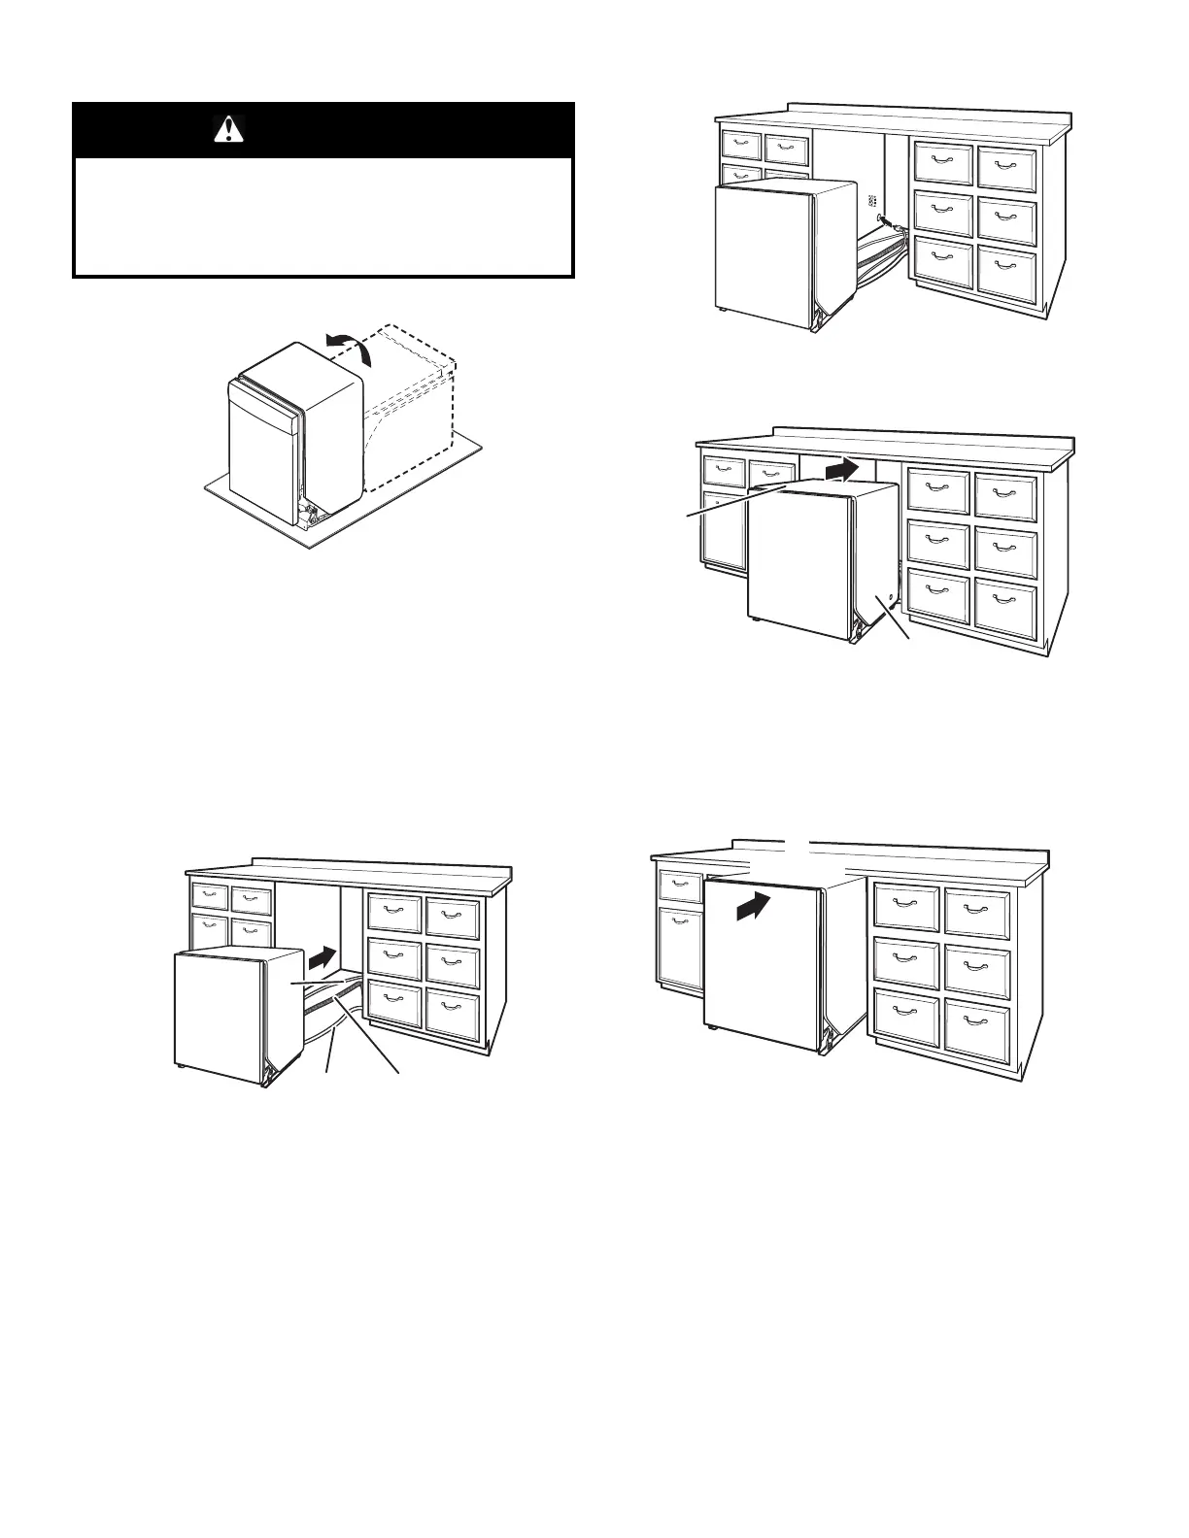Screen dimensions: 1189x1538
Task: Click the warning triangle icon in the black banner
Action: point(227,129)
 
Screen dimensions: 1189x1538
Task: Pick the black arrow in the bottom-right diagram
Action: point(752,910)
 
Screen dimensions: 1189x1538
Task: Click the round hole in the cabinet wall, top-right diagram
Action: point(882,220)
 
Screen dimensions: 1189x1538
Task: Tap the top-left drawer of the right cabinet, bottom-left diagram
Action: point(393,912)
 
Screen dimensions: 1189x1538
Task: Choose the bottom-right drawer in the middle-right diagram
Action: point(1004,607)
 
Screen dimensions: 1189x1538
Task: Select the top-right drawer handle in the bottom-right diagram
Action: point(977,907)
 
